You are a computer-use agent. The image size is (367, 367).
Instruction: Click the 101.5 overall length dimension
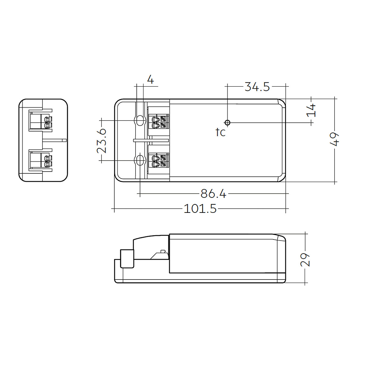pos(200,209)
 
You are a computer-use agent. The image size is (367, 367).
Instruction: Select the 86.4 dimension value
pos(213,194)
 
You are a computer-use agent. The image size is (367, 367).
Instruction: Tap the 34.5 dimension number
pos(257,87)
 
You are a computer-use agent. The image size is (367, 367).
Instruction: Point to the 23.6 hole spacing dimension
pos(102,140)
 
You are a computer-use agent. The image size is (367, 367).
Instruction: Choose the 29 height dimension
pos(305,260)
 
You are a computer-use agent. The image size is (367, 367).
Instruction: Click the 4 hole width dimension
pos(150,80)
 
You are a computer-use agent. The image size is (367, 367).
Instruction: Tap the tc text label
pos(221,132)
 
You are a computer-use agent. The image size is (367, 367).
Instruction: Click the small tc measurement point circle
pos(227,123)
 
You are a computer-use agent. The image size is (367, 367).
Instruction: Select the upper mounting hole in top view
pos(140,120)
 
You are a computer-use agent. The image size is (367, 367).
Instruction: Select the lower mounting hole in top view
pos(140,160)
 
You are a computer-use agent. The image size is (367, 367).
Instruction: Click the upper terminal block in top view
pos(158,121)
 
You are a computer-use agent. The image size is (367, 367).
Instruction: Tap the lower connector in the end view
pos(40,161)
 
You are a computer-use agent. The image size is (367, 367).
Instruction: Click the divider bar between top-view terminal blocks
pos(151,140)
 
